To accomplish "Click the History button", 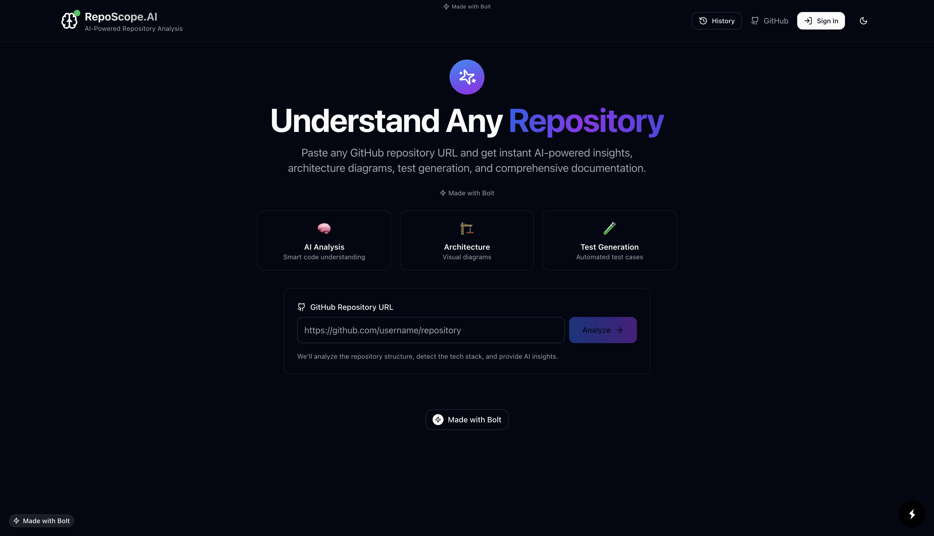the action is tap(717, 20).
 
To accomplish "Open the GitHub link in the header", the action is tap(770, 20).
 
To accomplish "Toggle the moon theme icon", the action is tap(863, 20).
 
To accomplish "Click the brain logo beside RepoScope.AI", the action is tap(69, 20).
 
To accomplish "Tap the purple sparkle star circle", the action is tap(467, 77).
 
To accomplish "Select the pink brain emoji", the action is tap(324, 228).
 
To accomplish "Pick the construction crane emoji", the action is tap(467, 228).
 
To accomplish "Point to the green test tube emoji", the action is tap(609, 228).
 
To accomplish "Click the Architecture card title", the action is tap(467, 247).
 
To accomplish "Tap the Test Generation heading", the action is tap(609, 247).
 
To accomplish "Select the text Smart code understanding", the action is tap(324, 257).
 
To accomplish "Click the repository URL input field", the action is tap(431, 330).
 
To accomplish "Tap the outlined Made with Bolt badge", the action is tap(467, 420).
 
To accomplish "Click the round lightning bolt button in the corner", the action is tap(912, 514).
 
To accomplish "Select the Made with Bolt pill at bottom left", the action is tap(42, 520).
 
